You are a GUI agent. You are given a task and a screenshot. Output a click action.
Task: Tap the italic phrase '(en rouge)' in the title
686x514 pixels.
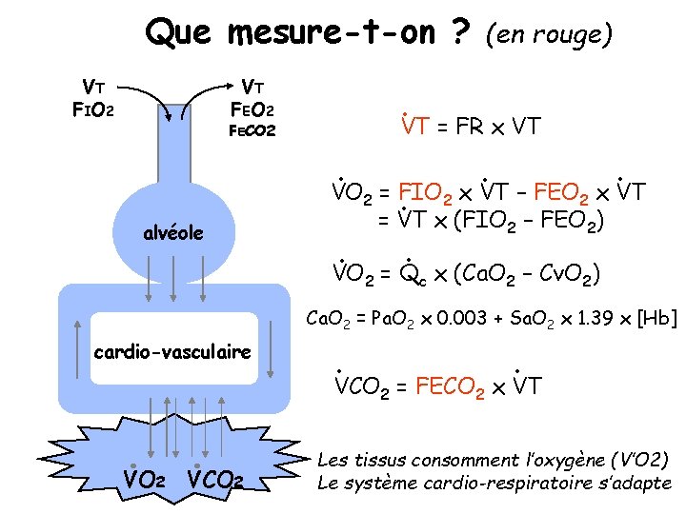pyautogui.click(x=548, y=35)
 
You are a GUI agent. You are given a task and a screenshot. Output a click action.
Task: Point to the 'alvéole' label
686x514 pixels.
pyautogui.click(x=172, y=232)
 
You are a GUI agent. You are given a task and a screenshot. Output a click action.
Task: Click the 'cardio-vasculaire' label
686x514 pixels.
pyautogui.click(x=172, y=352)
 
